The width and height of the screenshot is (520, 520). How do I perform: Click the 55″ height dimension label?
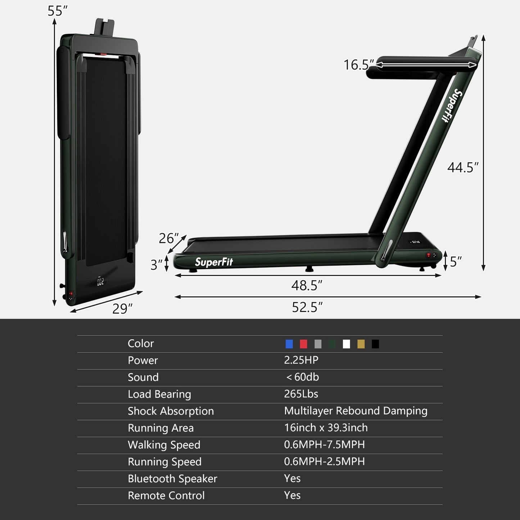point(57,11)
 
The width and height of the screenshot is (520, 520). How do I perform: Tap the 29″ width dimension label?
point(122,309)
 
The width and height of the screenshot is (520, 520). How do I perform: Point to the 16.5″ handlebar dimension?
point(358,65)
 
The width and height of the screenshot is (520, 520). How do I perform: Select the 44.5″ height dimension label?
point(463,167)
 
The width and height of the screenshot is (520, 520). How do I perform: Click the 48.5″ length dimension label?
point(307,285)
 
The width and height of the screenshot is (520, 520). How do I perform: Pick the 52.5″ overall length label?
point(307,307)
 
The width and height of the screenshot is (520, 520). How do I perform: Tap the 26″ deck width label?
point(168,238)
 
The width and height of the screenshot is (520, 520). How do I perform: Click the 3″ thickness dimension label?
point(156,265)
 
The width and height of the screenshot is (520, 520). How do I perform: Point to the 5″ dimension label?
point(456,262)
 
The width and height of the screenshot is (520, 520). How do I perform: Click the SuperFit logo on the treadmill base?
point(214,262)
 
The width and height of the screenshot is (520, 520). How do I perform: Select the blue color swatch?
point(289,344)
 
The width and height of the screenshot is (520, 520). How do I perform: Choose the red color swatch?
point(303,344)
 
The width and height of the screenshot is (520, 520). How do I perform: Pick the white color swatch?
point(347,344)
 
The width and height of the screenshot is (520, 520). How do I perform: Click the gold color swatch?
point(361,344)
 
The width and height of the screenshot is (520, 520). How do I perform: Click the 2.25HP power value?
point(301,360)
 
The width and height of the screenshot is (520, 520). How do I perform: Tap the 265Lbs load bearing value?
point(301,394)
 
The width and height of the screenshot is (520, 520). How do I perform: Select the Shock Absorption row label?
point(171,411)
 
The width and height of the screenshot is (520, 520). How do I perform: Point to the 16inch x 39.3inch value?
point(326,428)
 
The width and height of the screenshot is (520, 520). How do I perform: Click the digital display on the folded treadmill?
point(100,282)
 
